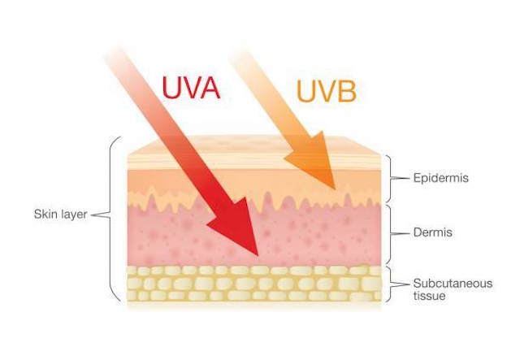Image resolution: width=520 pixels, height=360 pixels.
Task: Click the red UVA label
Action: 191,88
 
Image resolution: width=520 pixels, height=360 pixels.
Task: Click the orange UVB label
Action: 327,90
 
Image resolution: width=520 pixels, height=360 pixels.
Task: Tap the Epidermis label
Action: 440,178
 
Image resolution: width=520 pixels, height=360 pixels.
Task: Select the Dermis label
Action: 433,232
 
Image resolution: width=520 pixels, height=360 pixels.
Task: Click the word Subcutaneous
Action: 453,284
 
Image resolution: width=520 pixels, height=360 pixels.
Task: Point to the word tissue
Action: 429,296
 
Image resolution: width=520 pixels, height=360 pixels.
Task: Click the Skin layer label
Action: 60,214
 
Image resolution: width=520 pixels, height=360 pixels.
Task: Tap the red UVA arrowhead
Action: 236,226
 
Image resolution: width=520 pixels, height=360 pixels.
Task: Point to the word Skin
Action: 45,214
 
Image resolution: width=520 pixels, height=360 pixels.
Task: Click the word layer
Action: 73,215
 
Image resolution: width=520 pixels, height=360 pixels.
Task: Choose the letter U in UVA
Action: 171,88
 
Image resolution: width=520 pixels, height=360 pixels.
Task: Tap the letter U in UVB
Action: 305,91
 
